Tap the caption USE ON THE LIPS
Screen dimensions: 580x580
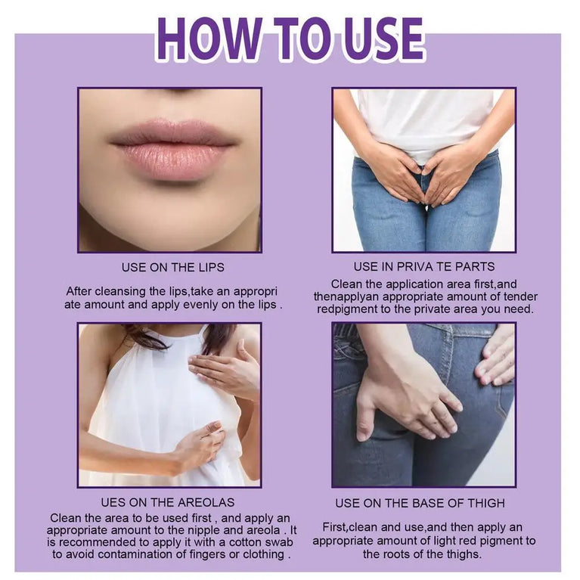tap(172, 268)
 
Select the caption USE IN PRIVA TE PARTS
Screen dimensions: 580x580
tap(424, 267)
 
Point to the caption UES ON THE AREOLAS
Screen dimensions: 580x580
tap(168, 502)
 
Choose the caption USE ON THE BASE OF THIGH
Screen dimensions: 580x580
tap(420, 503)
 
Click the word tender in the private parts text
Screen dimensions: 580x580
tap(520, 296)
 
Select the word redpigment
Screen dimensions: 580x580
tap(346, 309)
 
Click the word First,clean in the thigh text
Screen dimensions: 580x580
tap(349, 527)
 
